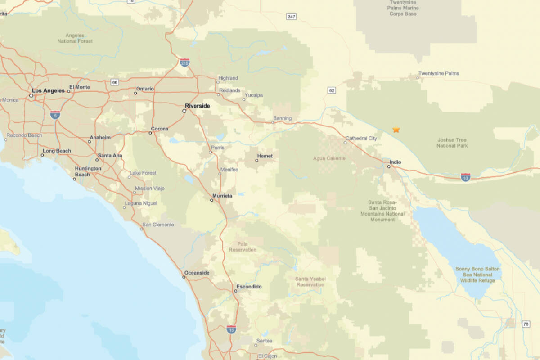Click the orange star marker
pos(396,130)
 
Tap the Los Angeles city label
pos(48,90)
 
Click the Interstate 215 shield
pos(184,63)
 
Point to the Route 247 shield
pos(292,17)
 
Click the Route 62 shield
pos(332,90)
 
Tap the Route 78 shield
pos(526,324)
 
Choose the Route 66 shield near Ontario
pos(115,82)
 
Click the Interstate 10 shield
pos(466,177)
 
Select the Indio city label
pos(396,162)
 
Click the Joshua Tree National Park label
pos(452,143)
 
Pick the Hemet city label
pos(264,156)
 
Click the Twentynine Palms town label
pos(439,73)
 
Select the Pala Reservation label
pos(243,247)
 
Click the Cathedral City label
pos(361,139)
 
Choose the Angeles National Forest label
pos(75,38)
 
